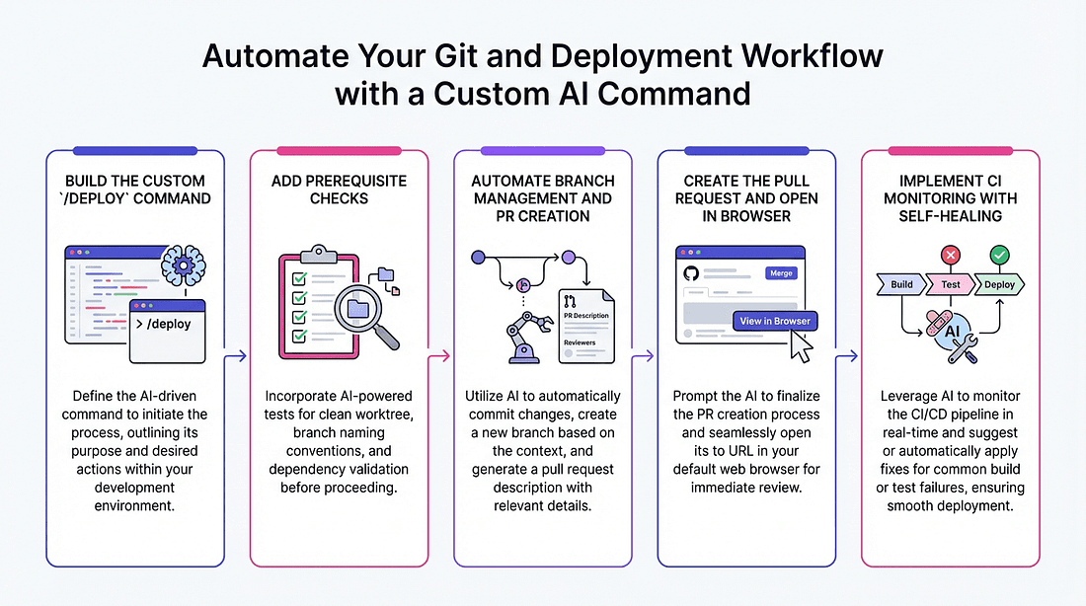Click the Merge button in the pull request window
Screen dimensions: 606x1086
pos(781,272)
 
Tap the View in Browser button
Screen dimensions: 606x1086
pos(775,321)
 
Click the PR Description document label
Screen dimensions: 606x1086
pos(585,316)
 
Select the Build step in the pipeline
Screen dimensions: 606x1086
pos(901,284)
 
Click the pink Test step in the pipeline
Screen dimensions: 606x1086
pos(950,284)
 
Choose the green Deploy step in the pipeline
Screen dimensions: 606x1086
pos(999,284)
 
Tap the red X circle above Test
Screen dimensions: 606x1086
pos(951,256)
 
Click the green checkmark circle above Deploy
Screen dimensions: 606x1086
pos(999,256)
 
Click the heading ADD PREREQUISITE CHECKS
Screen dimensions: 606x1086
pos(338,189)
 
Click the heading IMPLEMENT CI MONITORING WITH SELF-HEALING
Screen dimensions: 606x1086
pos(950,197)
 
